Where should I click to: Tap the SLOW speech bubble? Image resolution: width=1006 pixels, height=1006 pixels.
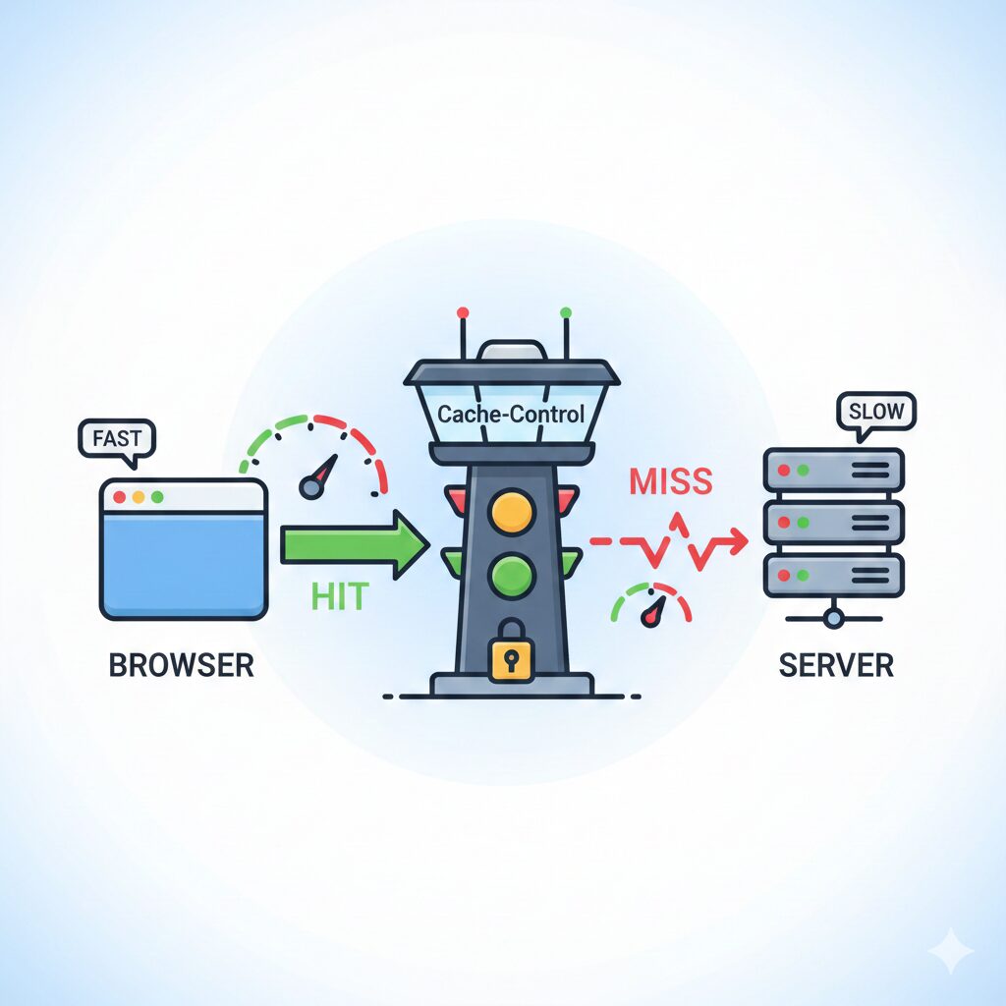point(875,410)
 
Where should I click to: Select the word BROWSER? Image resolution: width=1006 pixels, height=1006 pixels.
point(181,665)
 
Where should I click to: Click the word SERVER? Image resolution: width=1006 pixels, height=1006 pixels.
point(836,665)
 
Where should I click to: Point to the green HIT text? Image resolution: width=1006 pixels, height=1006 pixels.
point(339,595)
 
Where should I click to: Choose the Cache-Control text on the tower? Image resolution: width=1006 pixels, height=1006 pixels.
point(511,414)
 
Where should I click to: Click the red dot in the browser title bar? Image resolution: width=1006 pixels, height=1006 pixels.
point(120,497)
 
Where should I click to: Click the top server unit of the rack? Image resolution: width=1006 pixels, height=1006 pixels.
point(833,471)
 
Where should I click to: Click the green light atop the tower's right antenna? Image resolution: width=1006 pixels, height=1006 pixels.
point(565,312)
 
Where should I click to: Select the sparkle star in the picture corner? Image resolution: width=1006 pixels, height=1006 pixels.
point(950,951)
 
